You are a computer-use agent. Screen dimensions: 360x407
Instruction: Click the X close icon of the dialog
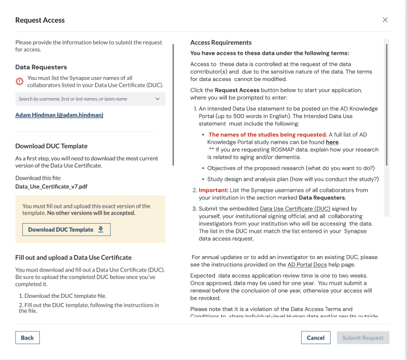(385, 20)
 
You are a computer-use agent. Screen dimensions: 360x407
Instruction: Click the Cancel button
(316, 338)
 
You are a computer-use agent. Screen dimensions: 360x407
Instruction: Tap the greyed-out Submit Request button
(363, 338)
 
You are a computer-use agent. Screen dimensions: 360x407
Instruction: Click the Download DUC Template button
(66, 229)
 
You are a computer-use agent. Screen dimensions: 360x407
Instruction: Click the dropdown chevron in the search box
(158, 99)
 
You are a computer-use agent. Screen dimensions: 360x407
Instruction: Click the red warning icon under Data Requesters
(20, 82)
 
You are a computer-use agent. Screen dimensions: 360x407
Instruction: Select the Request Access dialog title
(40, 21)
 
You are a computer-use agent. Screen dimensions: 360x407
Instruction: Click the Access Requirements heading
(221, 43)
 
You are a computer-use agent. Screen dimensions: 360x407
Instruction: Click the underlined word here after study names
(331, 141)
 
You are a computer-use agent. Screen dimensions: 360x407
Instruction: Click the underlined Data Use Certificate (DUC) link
(294, 209)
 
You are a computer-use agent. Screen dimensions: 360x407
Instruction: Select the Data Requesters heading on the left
(41, 67)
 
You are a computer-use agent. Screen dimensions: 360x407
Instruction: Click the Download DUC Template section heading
(51, 146)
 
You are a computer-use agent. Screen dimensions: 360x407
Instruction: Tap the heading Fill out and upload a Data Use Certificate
(74, 257)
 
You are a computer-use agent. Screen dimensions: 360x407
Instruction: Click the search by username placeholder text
(73, 99)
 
